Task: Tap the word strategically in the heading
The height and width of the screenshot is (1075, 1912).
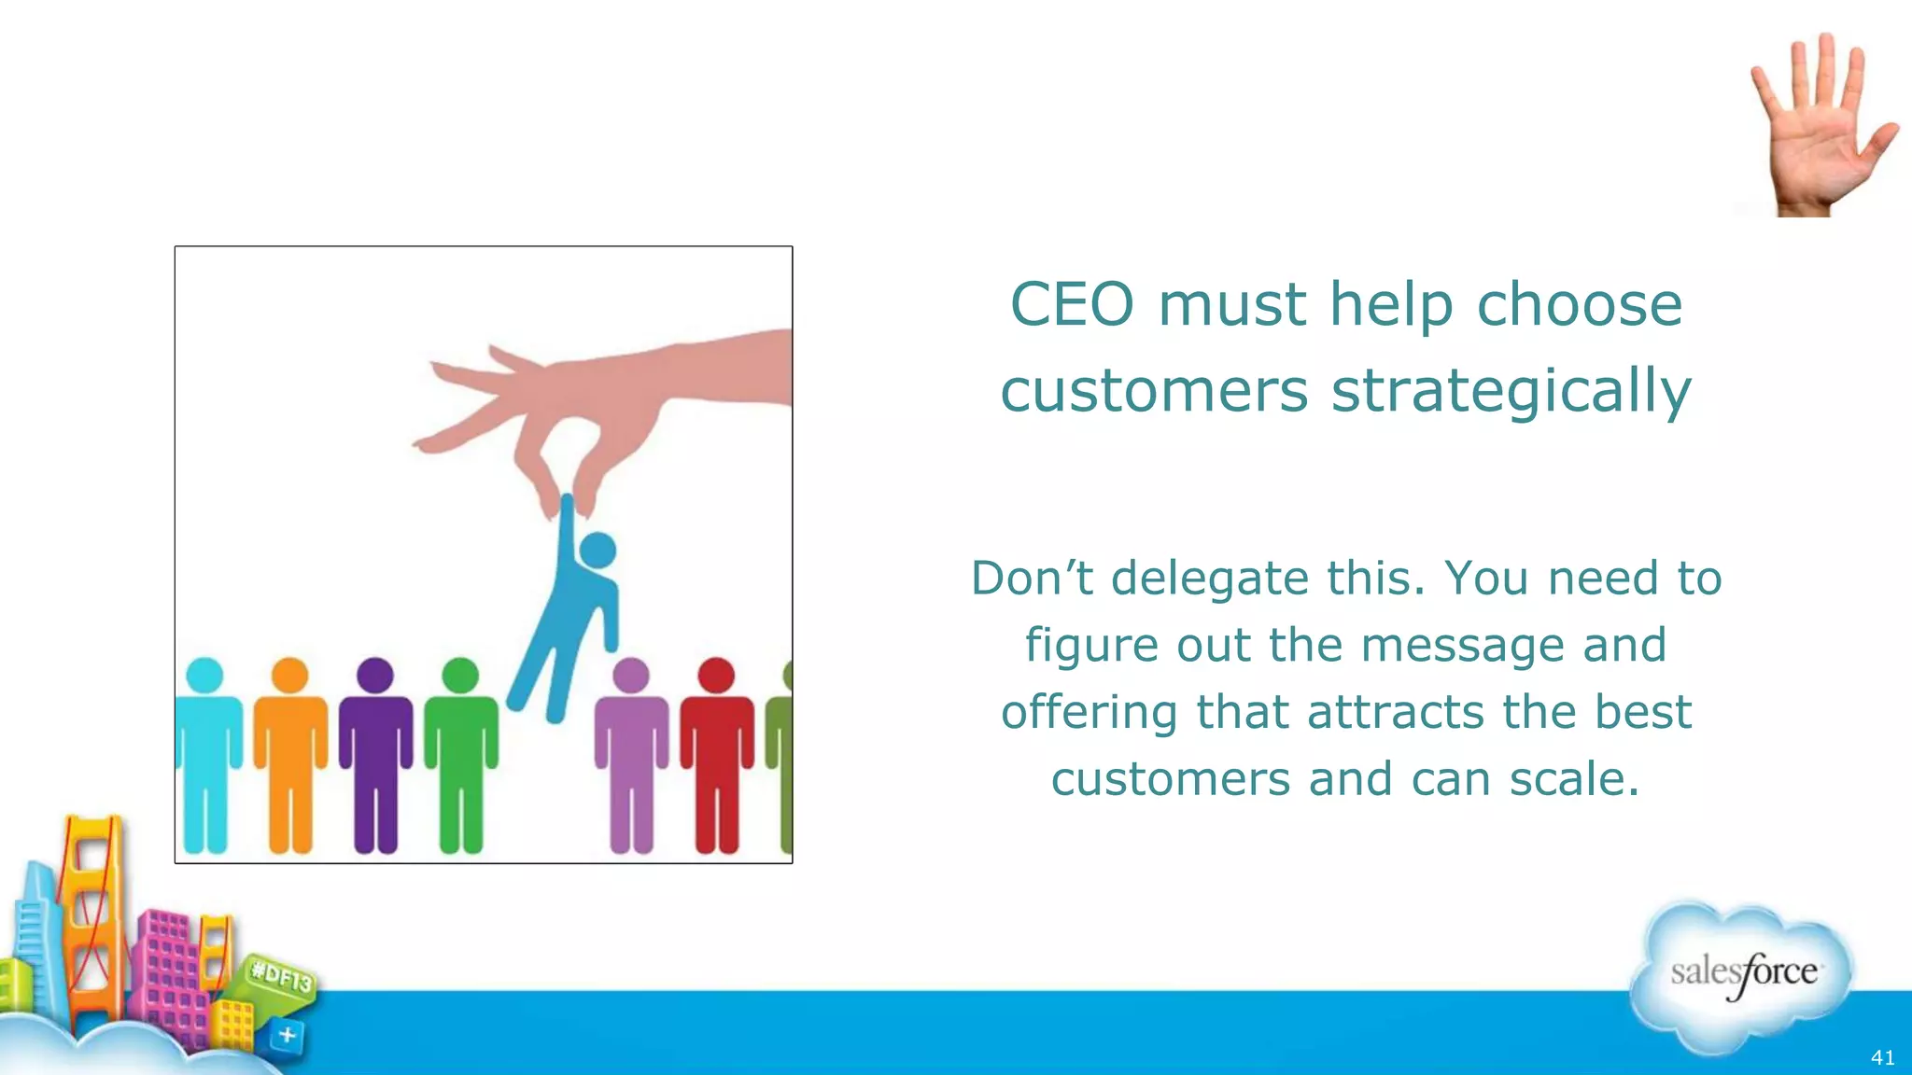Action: tap(1511, 391)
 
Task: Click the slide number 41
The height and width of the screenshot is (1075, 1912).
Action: tap(1882, 1057)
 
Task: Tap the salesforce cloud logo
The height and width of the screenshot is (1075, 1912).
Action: tap(1742, 976)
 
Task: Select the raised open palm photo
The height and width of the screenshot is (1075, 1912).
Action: tap(1821, 126)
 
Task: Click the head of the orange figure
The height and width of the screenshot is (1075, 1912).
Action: tap(289, 676)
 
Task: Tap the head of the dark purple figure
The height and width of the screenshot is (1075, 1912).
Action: tap(375, 676)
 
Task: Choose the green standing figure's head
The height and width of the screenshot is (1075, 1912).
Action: tap(460, 676)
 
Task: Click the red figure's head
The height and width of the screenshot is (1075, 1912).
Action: tap(716, 676)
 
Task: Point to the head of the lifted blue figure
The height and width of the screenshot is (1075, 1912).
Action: tap(598, 550)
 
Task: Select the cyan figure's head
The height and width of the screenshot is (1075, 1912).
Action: tap(205, 676)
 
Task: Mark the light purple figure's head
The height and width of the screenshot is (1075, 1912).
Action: tap(631, 676)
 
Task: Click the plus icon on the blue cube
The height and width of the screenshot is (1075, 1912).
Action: tap(288, 1034)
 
